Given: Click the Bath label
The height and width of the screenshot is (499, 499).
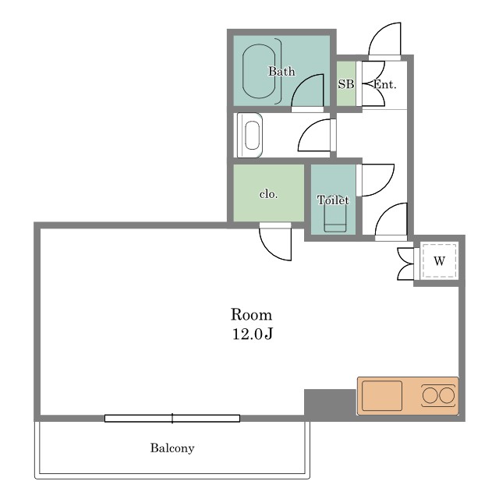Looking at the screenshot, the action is tap(281, 71).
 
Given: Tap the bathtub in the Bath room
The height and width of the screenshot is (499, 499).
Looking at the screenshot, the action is tap(259, 71).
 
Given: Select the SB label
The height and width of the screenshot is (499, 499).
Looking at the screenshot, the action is tap(346, 84).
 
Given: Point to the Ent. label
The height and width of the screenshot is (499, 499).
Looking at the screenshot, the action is tap(384, 84).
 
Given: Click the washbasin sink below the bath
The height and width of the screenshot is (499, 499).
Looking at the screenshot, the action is tap(253, 135).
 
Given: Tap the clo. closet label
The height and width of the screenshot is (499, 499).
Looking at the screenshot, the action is tap(268, 194).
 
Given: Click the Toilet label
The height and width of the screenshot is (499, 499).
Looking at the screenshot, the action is tap(333, 200).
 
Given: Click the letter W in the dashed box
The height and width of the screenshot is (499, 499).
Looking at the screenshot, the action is tap(439, 261).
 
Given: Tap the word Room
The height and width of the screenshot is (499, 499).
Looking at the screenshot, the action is tap(251, 314).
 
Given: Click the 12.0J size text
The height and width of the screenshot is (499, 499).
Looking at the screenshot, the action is tap(253, 334).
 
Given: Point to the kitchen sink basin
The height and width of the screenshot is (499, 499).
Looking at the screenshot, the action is tap(382, 395).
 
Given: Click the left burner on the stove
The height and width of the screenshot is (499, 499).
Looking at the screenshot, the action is tap(430, 396).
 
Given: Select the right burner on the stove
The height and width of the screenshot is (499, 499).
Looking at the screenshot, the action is tap(447, 396).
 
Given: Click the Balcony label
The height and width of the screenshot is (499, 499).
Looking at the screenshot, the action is tap(172, 448).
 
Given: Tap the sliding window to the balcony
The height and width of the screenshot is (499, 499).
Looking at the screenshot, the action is tap(172, 418).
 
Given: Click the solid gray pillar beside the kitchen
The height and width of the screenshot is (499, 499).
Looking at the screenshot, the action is tap(330, 402).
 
